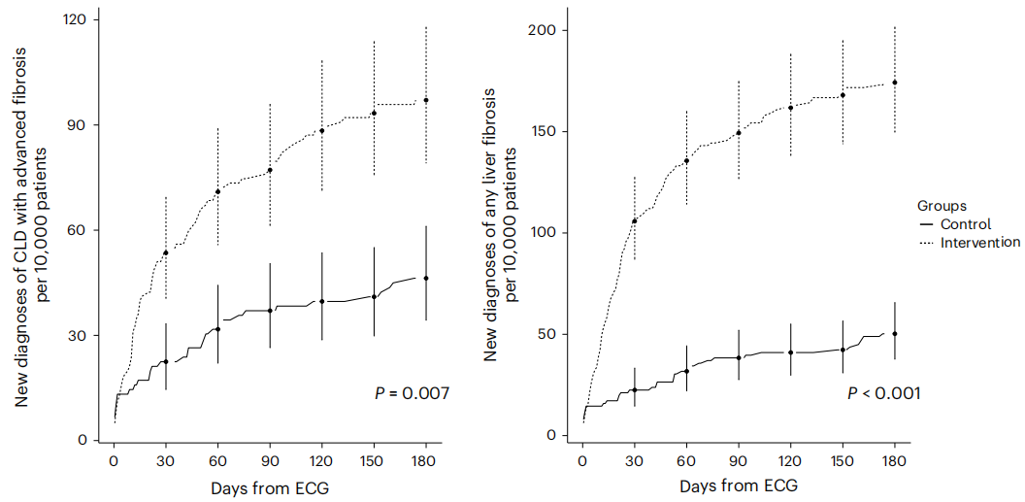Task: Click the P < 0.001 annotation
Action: (x=883, y=393)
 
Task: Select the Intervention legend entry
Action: (x=980, y=242)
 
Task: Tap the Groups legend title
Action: (x=942, y=206)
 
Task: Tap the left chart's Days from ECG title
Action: (x=269, y=487)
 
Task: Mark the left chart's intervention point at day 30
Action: (x=166, y=252)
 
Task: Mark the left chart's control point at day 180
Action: (x=426, y=278)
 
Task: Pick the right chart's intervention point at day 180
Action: (x=895, y=83)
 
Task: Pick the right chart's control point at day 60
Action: (x=686, y=371)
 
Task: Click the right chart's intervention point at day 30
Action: (x=634, y=220)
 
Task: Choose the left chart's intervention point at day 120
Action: (x=322, y=130)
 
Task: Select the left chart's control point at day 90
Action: (x=270, y=311)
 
